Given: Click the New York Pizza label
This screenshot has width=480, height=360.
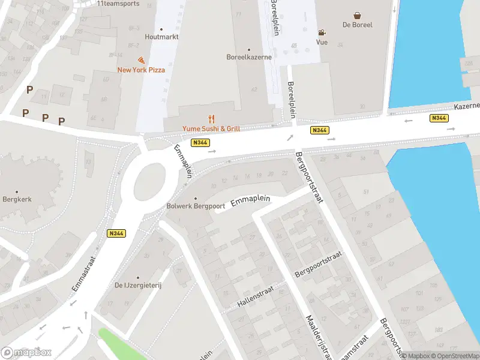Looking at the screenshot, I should (141, 70).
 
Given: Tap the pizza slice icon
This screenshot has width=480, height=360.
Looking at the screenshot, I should (141, 61).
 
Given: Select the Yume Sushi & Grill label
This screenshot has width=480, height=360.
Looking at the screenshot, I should (212, 128).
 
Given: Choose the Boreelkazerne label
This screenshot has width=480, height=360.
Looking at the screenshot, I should (249, 58).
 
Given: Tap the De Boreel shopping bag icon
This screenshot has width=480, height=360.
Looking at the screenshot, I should (358, 16).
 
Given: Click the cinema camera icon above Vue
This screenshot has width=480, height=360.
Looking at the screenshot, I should (322, 32).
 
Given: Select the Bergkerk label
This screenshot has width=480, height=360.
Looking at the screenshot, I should (17, 199).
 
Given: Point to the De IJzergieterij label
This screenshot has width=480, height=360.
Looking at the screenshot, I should (138, 285).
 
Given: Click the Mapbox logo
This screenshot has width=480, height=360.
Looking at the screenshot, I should (26, 352).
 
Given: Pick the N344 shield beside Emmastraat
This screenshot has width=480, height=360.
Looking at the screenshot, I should (117, 234).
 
